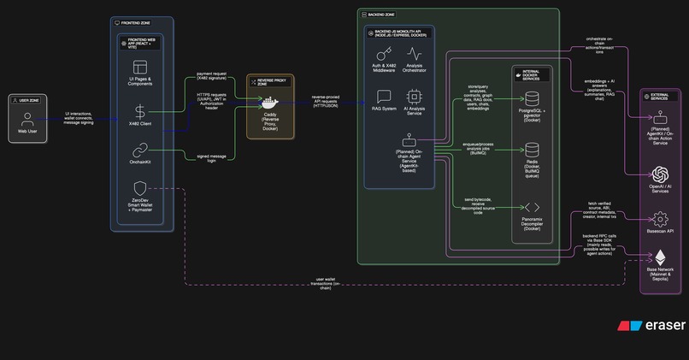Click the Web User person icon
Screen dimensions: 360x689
[28, 119]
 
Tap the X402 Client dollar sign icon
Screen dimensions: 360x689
[140, 111]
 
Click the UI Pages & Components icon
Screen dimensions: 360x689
[140, 67]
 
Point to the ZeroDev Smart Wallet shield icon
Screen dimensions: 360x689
[140, 188]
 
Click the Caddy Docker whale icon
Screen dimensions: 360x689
[270, 100]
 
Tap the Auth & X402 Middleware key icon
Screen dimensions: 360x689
[384, 53]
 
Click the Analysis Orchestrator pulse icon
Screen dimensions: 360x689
[414, 53]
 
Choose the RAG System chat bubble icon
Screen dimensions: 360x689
[384, 96]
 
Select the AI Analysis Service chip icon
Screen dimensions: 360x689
[414, 96]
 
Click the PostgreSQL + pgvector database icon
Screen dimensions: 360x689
[532, 100]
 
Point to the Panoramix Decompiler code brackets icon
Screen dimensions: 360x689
[532, 207]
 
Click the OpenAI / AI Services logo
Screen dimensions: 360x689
[661, 174]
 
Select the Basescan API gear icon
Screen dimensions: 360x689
[661, 218]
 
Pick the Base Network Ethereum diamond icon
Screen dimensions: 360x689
[661, 257]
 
